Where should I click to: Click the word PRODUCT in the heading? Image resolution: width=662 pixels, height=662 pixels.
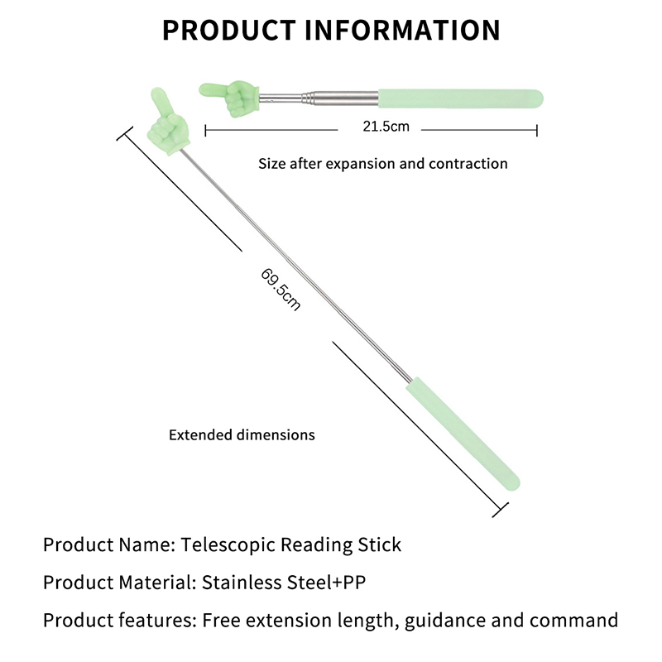point(228,30)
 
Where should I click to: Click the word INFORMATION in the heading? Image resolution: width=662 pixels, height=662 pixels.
point(403,30)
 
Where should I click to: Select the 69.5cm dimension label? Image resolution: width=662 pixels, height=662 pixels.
point(281,287)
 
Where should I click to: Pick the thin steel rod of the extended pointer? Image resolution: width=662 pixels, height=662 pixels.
point(298,266)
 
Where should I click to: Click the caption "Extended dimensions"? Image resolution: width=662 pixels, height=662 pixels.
point(242,434)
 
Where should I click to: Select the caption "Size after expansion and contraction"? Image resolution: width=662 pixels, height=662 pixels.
point(382,163)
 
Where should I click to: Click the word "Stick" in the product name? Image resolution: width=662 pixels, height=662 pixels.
point(383,545)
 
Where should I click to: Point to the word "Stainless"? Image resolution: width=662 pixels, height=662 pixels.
point(238,583)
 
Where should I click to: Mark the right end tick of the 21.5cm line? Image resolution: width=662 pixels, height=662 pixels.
point(537,130)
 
